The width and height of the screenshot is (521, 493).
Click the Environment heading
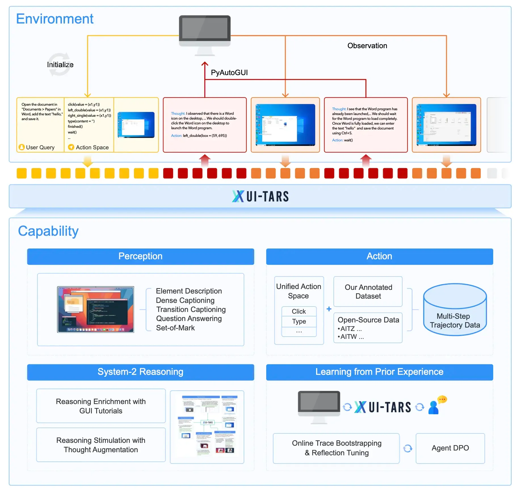click(54, 19)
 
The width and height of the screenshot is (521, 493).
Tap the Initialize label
click(60, 65)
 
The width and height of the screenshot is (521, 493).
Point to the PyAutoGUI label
click(229, 73)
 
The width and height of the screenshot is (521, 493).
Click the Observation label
click(367, 46)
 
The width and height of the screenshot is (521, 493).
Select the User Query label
click(40, 147)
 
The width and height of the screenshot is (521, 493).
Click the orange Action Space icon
click(71, 147)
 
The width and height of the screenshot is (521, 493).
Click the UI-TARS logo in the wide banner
click(260, 196)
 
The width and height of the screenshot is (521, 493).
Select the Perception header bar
click(140, 256)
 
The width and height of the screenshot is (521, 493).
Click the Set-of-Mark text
click(175, 328)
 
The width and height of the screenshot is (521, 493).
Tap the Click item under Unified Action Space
click(299, 311)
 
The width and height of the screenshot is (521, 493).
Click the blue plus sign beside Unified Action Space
click(329, 309)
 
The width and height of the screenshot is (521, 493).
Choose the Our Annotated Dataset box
click(368, 292)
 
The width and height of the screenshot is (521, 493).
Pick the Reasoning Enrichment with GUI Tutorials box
click(101, 406)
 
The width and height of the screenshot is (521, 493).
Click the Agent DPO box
click(450, 448)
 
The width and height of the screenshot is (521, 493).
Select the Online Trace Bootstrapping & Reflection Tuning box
click(336, 448)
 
